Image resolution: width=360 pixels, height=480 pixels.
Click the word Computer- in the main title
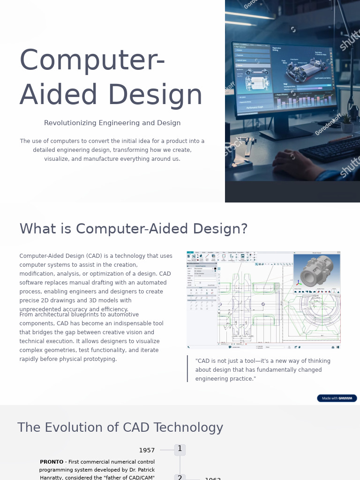(92, 61)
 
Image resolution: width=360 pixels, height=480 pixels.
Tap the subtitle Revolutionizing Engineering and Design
(112, 123)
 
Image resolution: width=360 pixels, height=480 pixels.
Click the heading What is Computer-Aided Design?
(133, 229)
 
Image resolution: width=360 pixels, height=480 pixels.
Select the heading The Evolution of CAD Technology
(120, 427)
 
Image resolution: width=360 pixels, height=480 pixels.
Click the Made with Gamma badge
(337, 398)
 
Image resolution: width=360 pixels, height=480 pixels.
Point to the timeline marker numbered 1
(180, 449)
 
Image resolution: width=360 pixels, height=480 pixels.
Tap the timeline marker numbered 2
(180, 477)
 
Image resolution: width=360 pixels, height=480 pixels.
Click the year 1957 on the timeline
(147, 450)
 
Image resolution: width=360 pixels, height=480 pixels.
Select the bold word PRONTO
(52, 462)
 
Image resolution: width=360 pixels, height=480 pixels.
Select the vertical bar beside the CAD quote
(187, 369)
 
